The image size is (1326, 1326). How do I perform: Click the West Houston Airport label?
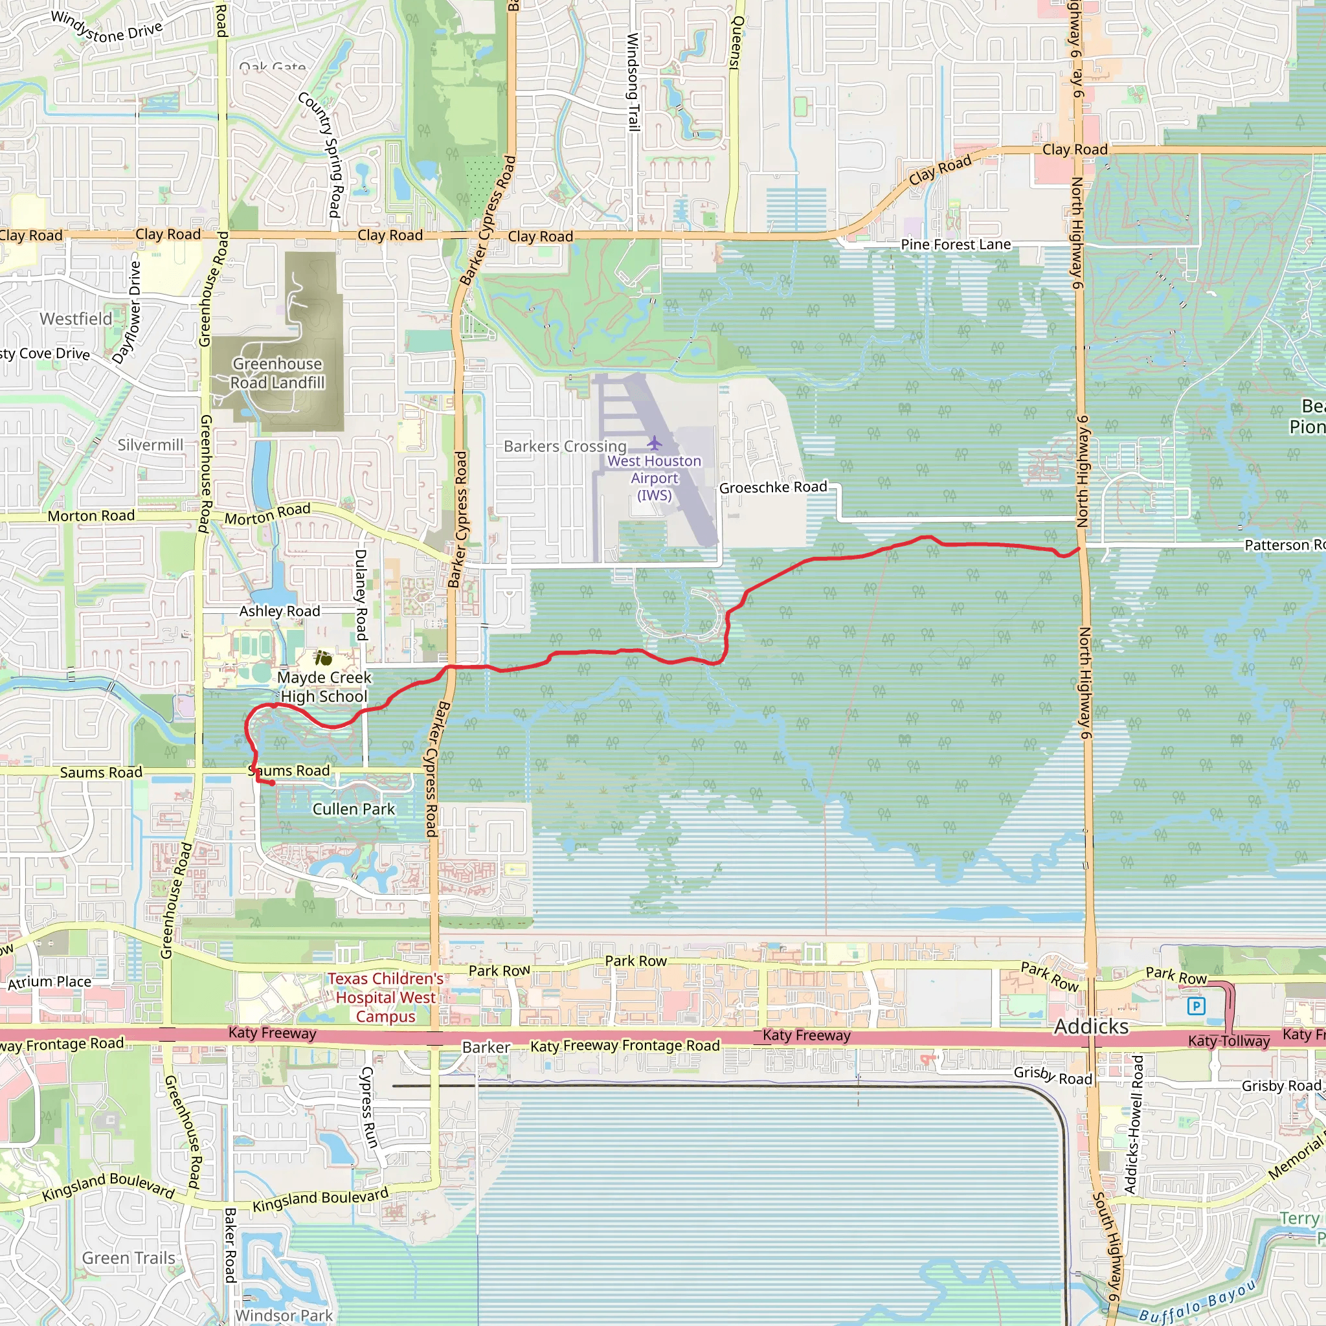(654, 478)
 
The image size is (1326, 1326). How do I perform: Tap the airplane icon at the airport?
(654, 443)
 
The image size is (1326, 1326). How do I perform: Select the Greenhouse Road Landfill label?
(277, 374)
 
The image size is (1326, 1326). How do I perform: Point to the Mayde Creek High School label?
(324, 686)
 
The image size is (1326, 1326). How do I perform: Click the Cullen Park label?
(354, 809)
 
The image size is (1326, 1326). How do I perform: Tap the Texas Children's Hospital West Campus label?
(386, 997)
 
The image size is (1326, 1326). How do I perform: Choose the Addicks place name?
(1090, 1027)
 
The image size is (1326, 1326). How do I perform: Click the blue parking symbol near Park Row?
(1197, 1007)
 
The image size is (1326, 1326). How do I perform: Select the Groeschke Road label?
(773, 488)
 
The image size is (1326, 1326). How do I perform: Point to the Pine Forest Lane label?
(956, 244)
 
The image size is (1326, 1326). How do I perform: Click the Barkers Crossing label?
(565, 446)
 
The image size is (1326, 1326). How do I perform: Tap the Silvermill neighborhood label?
(150, 445)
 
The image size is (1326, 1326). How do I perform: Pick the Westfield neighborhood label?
(76, 319)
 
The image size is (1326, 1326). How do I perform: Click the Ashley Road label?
(279, 611)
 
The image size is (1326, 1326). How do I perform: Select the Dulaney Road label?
(361, 594)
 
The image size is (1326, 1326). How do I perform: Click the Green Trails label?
(128, 1258)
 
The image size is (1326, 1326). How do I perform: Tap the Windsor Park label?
(284, 1315)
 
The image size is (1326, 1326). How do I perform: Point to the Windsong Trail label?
(633, 82)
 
